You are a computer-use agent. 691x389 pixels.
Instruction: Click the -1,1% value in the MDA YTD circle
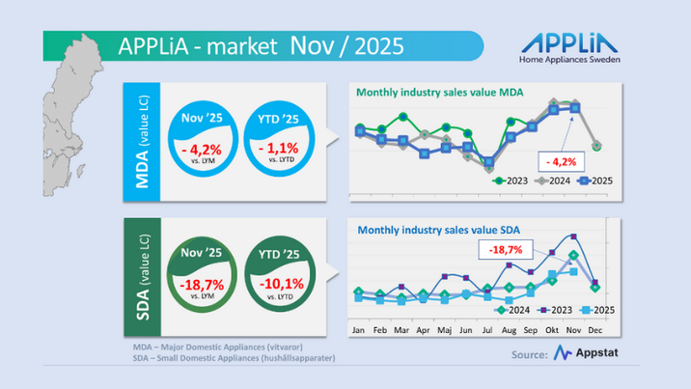click(x=278, y=149)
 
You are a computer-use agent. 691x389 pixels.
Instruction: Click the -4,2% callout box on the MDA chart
click(x=561, y=159)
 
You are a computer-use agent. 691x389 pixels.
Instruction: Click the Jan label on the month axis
click(x=358, y=330)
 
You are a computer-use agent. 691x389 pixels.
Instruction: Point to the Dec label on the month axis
click(x=595, y=330)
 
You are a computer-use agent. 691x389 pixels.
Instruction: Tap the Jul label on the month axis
click(x=487, y=330)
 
